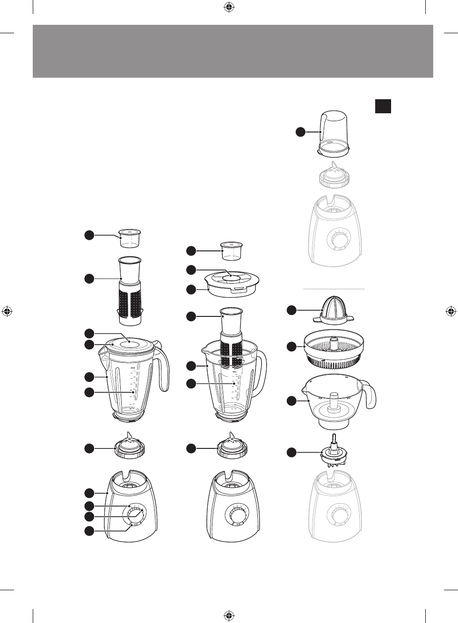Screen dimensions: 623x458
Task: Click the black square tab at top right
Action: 383,106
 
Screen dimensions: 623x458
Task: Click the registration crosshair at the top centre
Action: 229,7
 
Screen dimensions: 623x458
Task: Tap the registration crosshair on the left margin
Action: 7,311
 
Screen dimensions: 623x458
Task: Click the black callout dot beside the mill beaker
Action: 300,132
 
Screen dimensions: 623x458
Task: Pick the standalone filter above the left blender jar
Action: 130,290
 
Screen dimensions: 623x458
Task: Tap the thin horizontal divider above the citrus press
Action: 334,289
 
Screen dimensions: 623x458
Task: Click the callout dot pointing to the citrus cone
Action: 291,310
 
